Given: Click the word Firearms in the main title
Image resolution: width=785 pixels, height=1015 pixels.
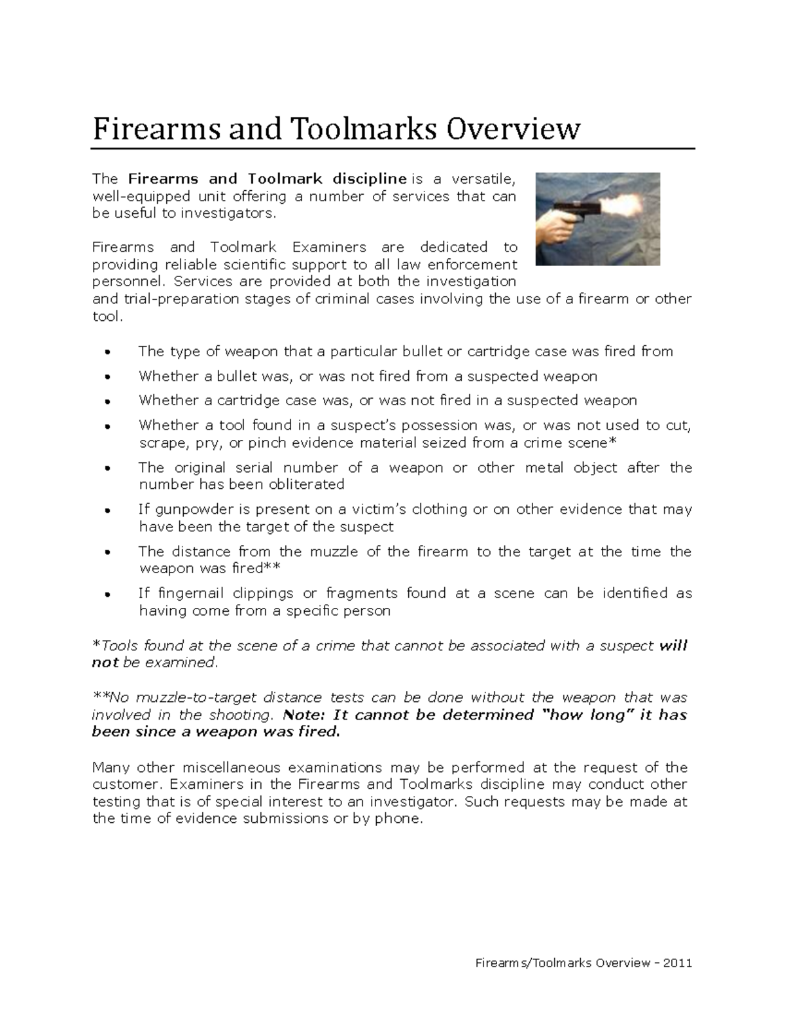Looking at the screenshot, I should (x=157, y=129).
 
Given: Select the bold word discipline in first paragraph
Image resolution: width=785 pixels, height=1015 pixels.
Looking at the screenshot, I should (x=369, y=179).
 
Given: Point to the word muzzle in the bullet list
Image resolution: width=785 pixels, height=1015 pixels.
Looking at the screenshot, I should (x=335, y=552).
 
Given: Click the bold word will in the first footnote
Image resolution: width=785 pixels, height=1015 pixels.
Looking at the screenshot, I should (x=673, y=646).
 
